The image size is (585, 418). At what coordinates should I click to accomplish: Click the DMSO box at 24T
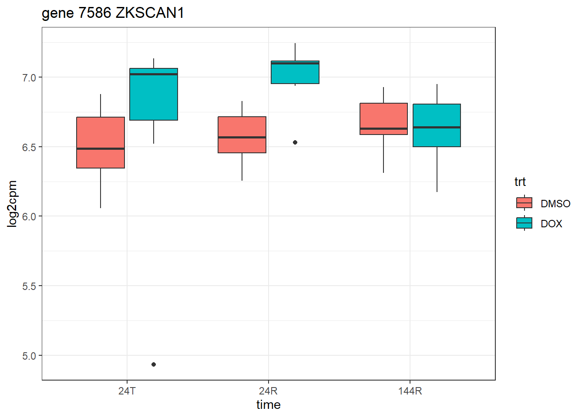(x=101, y=142)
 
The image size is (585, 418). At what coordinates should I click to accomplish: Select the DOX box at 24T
(x=154, y=94)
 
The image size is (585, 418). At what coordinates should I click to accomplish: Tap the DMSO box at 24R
(x=242, y=135)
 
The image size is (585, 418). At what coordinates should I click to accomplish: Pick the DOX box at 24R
(x=295, y=72)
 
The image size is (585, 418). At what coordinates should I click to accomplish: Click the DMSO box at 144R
(x=383, y=119)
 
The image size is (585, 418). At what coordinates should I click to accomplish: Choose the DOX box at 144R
(x=437, y=125)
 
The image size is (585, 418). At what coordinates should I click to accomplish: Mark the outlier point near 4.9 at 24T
(x=154, y=364)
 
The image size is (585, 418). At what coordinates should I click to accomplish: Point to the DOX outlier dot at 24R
(x=295, y=142)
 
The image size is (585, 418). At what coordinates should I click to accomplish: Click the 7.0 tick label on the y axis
(x=29, y=78)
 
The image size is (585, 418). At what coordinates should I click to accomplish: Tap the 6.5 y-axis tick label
(x=29, y=147)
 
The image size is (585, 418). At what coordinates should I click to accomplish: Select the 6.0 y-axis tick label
(x=29, y=217)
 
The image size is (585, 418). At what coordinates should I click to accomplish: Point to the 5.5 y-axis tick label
(x=29, y=286)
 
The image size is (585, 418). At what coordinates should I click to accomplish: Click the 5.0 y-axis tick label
(x=29, y=356)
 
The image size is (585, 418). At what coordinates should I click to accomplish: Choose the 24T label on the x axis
(x=127, y=391)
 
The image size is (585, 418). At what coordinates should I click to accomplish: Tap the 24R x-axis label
(x=268, y=391)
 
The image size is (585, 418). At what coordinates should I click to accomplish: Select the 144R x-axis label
(x=410, y=391)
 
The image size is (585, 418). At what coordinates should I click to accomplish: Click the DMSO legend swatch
(x=524, y=203)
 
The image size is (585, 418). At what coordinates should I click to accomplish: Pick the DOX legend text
(x=551, y=224)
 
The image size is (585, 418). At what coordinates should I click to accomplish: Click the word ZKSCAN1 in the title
(x=150, y=13)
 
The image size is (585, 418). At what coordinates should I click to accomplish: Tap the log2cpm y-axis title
(x=13, y=204)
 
